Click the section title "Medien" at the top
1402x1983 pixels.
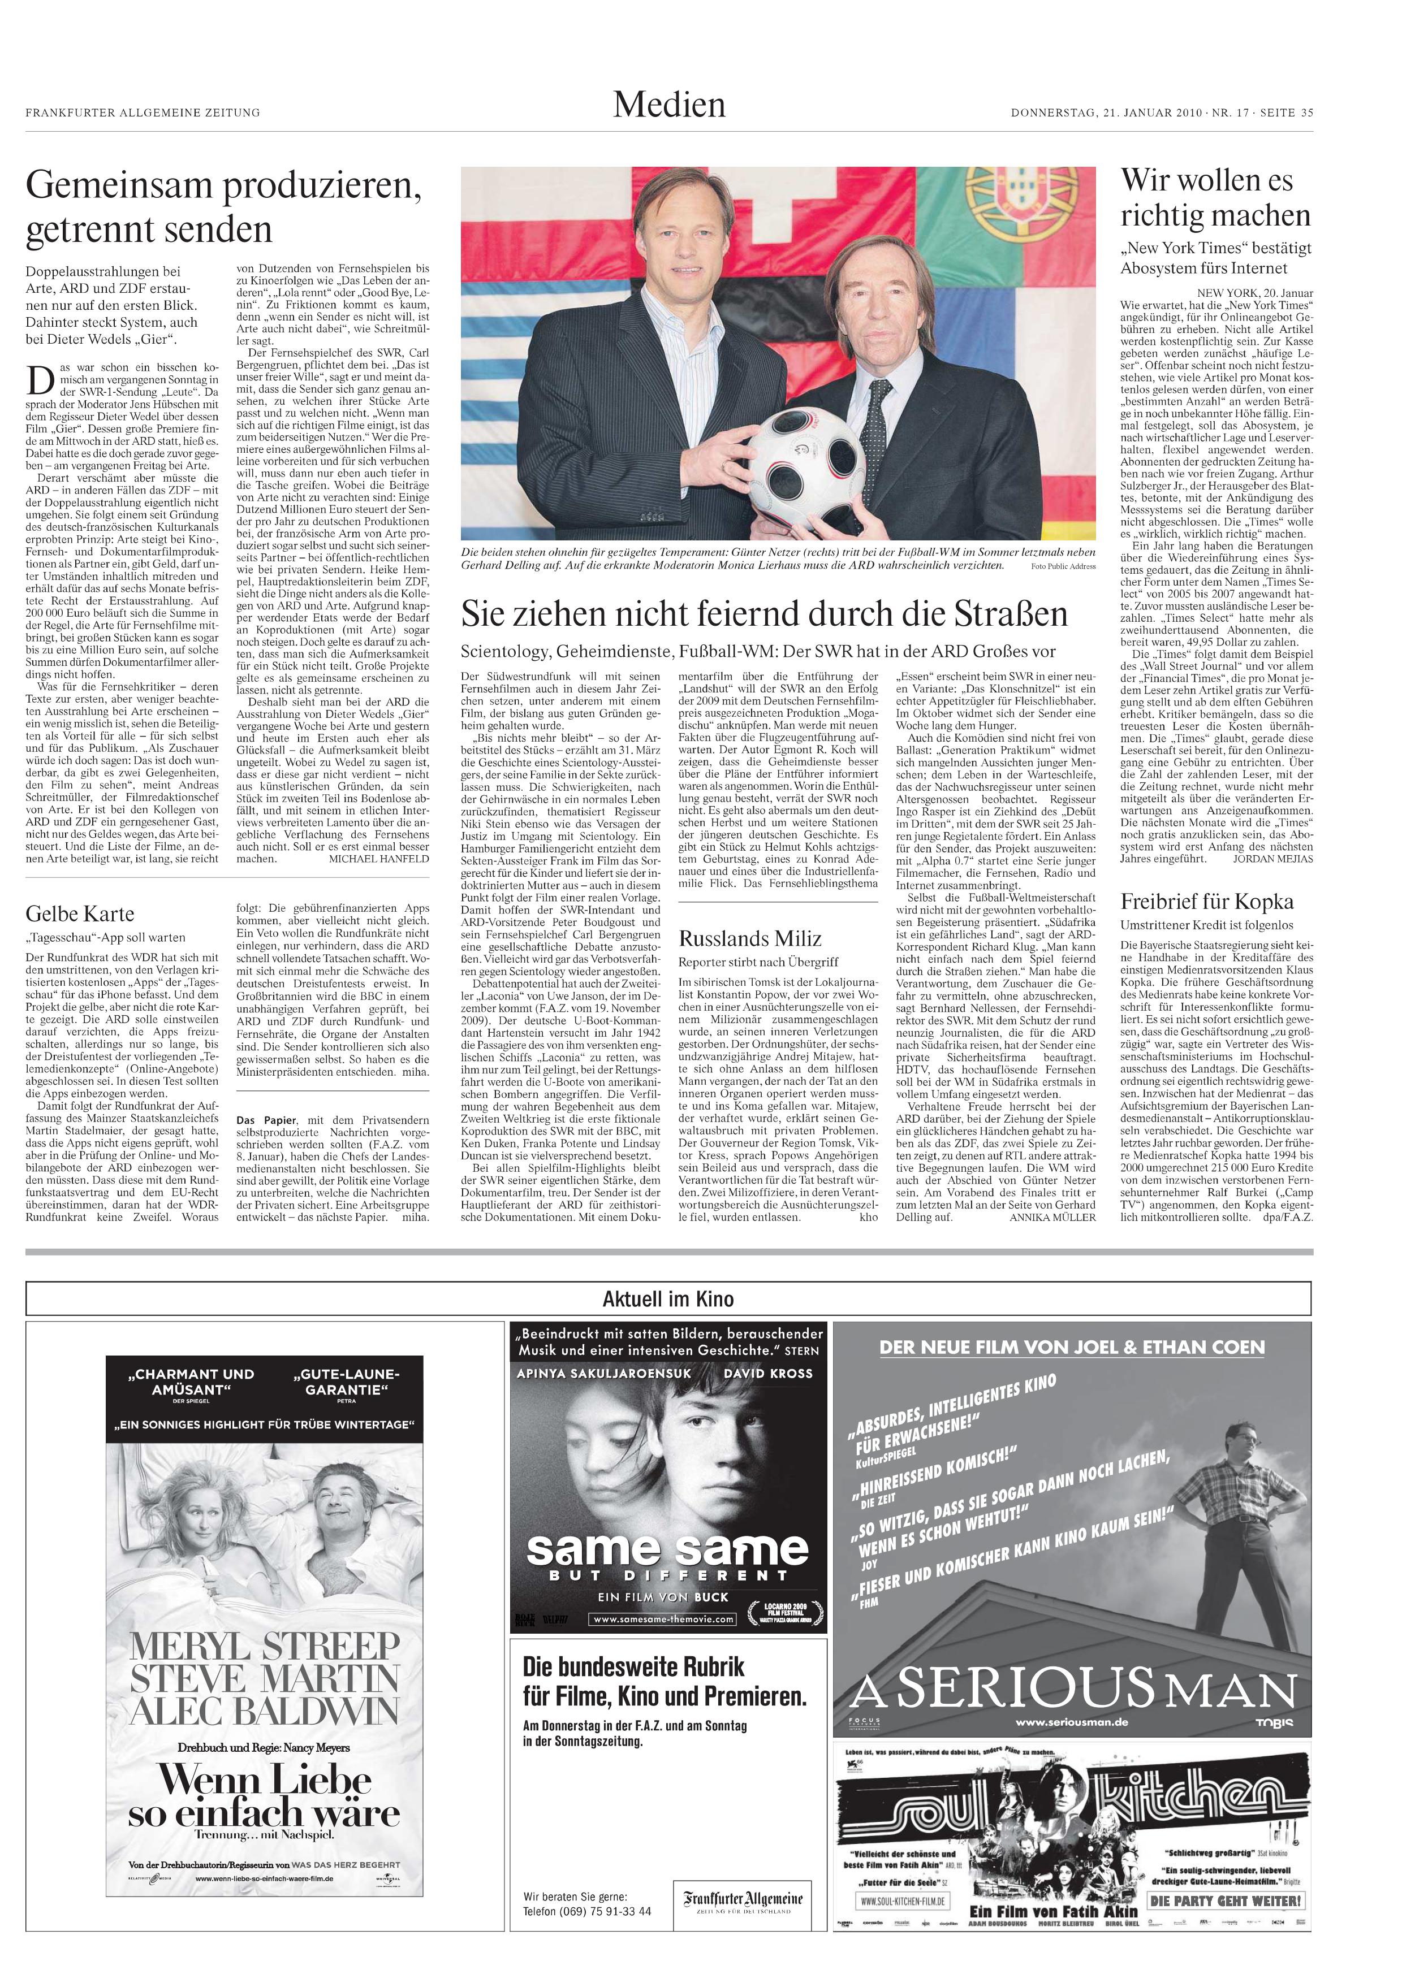670,105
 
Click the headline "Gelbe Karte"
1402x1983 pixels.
80,913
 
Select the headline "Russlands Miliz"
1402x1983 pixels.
750,939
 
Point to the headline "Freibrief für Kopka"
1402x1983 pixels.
1207,902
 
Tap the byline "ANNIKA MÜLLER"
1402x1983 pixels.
1052,1218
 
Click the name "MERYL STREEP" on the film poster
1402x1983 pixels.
264,1646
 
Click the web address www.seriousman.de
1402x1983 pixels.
1071,1722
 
